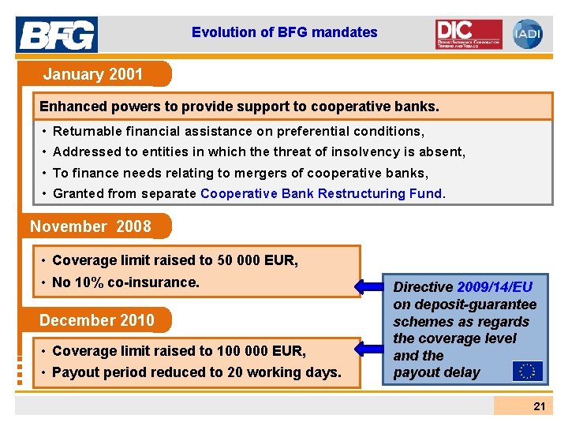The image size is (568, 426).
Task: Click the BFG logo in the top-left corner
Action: coord(57,35)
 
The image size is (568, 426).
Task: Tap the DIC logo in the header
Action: coord(468,34)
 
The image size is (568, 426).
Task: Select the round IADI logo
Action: coord(527,34)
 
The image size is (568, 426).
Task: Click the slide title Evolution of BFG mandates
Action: coord(284,32)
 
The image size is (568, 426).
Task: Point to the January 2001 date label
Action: coord(93,75)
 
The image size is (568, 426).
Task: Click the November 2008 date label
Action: coord(91,227)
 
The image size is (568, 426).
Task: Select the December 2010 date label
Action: coord(97,320)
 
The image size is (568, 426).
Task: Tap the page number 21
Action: coord(539,406)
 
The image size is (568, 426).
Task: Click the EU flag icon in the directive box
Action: coord(526,370)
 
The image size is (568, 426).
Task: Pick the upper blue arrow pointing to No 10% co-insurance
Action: coord(377,286)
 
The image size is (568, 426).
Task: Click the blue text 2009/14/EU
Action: coord(495,287)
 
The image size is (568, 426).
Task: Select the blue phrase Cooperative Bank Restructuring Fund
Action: coord(322,193)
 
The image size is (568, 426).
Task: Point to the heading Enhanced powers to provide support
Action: coord(239,106)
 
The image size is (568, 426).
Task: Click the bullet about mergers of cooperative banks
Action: coord(240,173)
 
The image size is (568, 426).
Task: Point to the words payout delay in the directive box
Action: coord(436,372)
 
